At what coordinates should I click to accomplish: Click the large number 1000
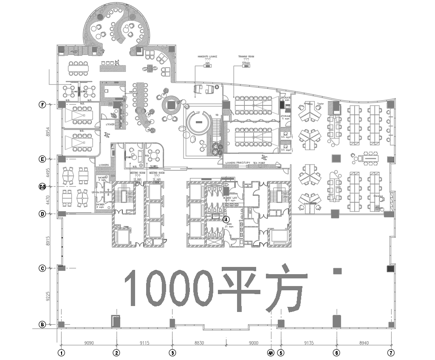(x=169, y=288)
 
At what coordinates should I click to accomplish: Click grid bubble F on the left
(x=42, y=103)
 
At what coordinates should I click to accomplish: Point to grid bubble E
(x=42, y=158)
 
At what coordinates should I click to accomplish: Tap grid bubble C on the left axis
(x=42, y=267)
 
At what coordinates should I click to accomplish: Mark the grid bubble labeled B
(x=42, y=323)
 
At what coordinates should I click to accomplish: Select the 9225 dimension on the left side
(x=50, y=295)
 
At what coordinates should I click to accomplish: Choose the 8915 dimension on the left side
(x=50, y=240)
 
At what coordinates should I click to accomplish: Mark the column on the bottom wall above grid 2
(x=116, y=321)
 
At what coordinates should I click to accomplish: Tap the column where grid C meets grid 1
(x=61, y=267)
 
